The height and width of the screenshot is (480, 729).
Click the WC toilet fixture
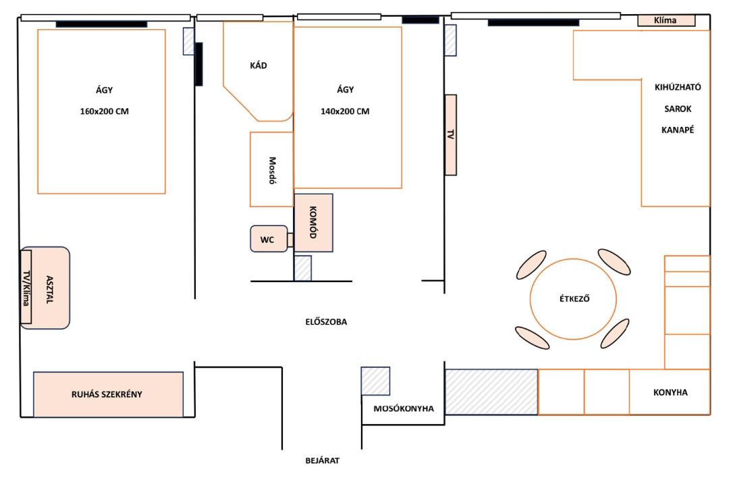point(269,239)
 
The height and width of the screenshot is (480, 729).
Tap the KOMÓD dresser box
point(313,223)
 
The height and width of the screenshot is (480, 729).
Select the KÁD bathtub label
point(259,65)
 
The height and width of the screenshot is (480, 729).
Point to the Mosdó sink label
point(273,170)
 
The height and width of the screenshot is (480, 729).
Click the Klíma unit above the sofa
point(666,20)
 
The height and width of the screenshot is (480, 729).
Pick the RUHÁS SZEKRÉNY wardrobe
point(108,394)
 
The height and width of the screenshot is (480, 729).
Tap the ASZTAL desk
point(46,288)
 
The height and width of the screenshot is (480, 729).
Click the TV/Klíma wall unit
point(26,287)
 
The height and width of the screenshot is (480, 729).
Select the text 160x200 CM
point(104,111)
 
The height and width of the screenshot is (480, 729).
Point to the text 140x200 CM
point(345,111)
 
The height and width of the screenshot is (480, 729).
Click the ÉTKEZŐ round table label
point(574,298)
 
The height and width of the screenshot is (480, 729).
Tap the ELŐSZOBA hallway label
point(326,322)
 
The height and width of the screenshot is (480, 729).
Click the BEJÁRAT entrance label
point(322,460)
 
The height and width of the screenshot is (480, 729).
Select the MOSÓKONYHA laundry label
point(404,409)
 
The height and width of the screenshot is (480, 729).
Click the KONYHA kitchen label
point(670,392)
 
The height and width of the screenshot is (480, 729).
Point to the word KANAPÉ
point(678,130)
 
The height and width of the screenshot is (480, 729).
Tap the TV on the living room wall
point(450,135)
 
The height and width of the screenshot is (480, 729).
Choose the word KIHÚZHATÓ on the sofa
point(678,88)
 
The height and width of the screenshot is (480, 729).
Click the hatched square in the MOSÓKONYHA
point(376,381)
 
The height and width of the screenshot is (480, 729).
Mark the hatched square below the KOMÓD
point(302,268)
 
